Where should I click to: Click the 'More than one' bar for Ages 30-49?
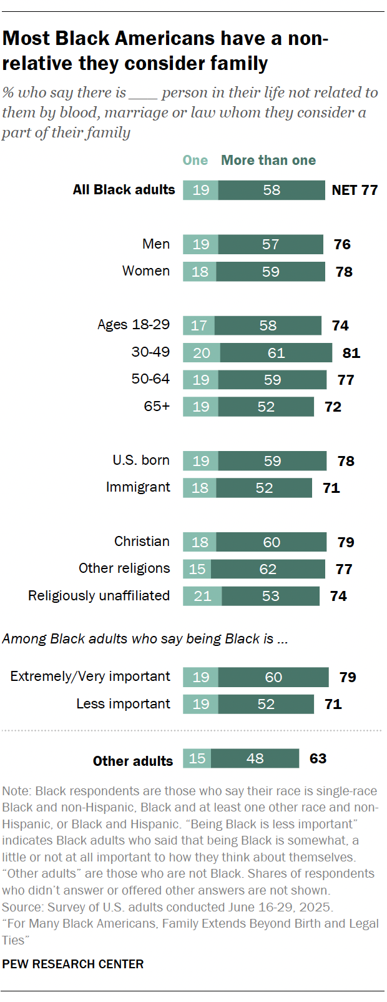(x=276, y=353)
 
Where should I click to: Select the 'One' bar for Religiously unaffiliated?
(x=202, y=596)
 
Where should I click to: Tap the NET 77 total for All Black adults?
(x=355, y=190)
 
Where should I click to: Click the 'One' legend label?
(x=195, y=161)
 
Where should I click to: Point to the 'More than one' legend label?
(x=268, y=161)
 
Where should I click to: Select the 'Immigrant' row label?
(x=138, y=487)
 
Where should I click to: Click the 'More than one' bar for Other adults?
(x=255, y=758)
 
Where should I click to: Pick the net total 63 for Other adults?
(x=318, y=758)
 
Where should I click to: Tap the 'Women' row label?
(x=146, y=271)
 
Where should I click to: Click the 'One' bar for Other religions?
(x=197, y=569)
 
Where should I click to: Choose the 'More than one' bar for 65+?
(x=266, y=407)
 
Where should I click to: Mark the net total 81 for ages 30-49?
(x=351, y=353)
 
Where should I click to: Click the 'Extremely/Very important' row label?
(x=90, y=677)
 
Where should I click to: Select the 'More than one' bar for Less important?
(x=266, y=704)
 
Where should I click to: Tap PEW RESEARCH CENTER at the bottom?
(x=73, y=964)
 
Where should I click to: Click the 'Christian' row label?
(x=142, y=542)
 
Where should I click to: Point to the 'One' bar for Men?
(x=200, y=244)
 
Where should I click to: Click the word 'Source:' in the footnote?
(x=22, y=907)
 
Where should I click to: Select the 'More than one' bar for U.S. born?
(x=272, y=461)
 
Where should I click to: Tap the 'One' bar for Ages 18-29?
(x=198, y=325)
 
